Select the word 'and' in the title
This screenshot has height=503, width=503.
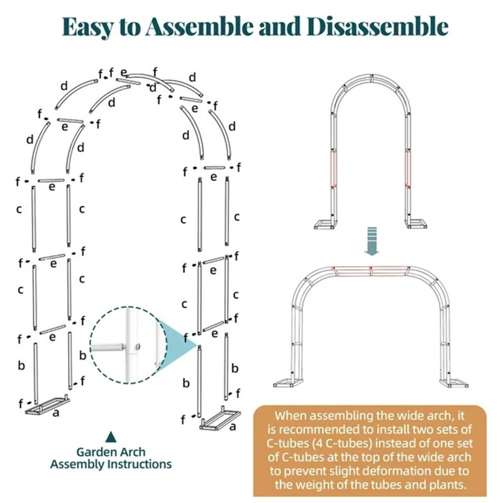coord(280,26)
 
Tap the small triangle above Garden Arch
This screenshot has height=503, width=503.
coord(111,436)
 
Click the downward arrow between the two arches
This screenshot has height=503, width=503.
coord(372,241)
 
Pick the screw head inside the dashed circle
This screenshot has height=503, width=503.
coord(138,346)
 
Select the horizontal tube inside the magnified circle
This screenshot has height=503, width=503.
coord(108,347)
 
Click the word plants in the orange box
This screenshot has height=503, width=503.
coord(446,485)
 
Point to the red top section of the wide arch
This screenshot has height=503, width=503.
coord(371,271)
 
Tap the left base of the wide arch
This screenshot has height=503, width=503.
coord(289,383)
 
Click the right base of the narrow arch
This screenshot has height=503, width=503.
coord(417,224)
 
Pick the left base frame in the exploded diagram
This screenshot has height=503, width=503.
coord(48,405)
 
